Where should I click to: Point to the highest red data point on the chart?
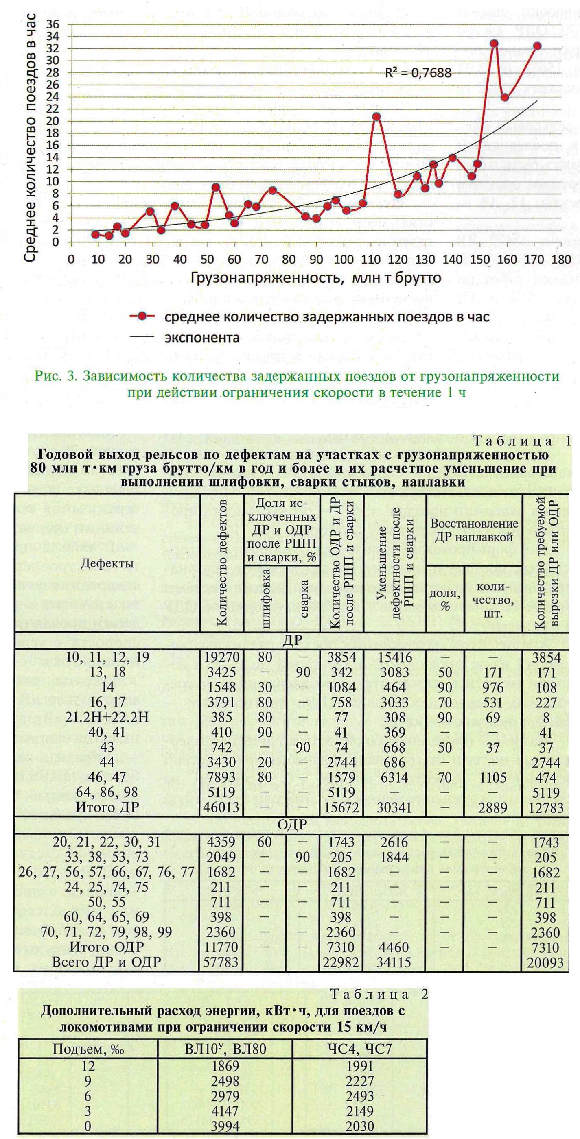click(494, 44)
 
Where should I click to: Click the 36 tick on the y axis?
click(53, 24)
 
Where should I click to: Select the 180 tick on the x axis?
click(561, 259)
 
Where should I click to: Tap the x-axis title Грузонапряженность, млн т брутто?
click(316, 278)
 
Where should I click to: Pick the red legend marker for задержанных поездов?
click(142, 316)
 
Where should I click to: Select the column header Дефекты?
click(107, 563)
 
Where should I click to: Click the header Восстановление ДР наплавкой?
click(474, 530)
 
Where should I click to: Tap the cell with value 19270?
click(222, 657)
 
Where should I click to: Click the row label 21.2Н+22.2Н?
click(107, 717)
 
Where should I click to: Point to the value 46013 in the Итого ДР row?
click(222, 807)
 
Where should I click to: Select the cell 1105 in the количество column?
click(493, 777)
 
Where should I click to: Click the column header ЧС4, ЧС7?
click(360, 1049)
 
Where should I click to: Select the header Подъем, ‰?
click(88, 1049)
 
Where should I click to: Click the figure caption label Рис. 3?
click(56, 376)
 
